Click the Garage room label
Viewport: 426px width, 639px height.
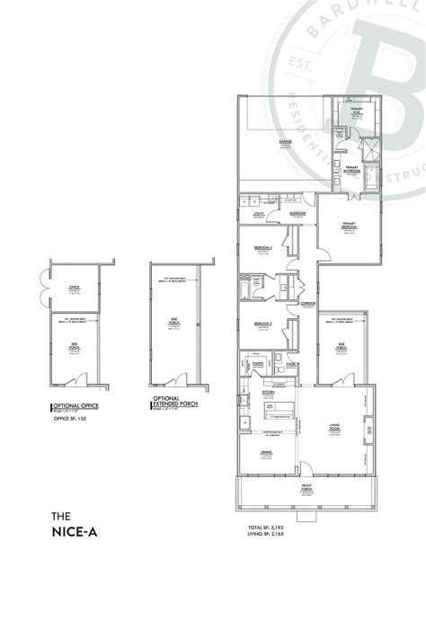(285, 142)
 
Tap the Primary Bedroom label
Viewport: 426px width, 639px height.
(349, 226)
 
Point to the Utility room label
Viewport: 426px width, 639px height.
(256, 213)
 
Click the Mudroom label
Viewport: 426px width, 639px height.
(298, 213)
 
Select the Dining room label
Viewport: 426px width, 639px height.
(266, 453)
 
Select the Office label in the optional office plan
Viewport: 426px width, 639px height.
(75, 287)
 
